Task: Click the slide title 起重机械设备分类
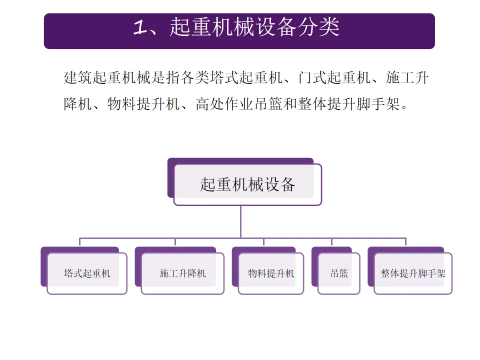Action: click(254, 28)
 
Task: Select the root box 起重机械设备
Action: click(247, 184)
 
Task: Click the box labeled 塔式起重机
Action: click(87, 273)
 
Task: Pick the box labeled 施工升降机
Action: click(182, 273)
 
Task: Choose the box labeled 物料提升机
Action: click(271, 273)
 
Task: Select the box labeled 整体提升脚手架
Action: click(412, 273)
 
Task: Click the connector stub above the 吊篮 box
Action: click(331, 242)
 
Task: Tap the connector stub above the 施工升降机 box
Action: click(175, 242)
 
